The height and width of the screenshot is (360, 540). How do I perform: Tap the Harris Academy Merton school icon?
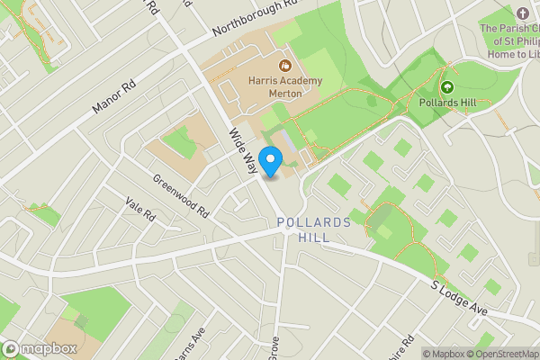pos(284,65)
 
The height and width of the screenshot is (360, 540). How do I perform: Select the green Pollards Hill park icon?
pos(447,87)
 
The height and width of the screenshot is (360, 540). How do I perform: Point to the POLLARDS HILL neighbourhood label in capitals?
pos(310,229)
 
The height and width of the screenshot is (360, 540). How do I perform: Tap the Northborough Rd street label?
pos(255,19)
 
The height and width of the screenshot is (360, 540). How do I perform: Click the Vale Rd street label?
pos(140,213)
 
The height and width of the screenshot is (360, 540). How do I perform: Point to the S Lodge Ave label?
pos(458,298)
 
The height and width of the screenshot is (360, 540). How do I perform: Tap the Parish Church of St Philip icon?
pos(523,13)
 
